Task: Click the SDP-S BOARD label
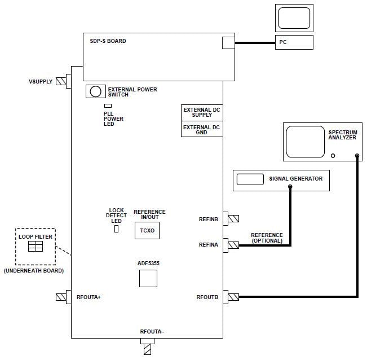tap(108, 41)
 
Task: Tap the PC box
tap(294, 42)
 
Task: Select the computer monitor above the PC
tap(294, 18)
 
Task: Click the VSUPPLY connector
tap(61, 81)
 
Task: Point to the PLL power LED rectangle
tap(108, 106)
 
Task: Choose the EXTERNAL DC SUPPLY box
tap(201, 112)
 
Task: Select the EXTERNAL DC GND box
tap(201, 129)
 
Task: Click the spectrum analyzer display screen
tap(305, 142)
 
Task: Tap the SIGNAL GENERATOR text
tap(295, 179)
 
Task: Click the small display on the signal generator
tap(250, 179)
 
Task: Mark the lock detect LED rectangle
tap(116, 229)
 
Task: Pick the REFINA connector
tap(232, 245)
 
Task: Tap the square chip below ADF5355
tap(148, 278)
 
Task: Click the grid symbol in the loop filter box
tap(36, 247)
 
